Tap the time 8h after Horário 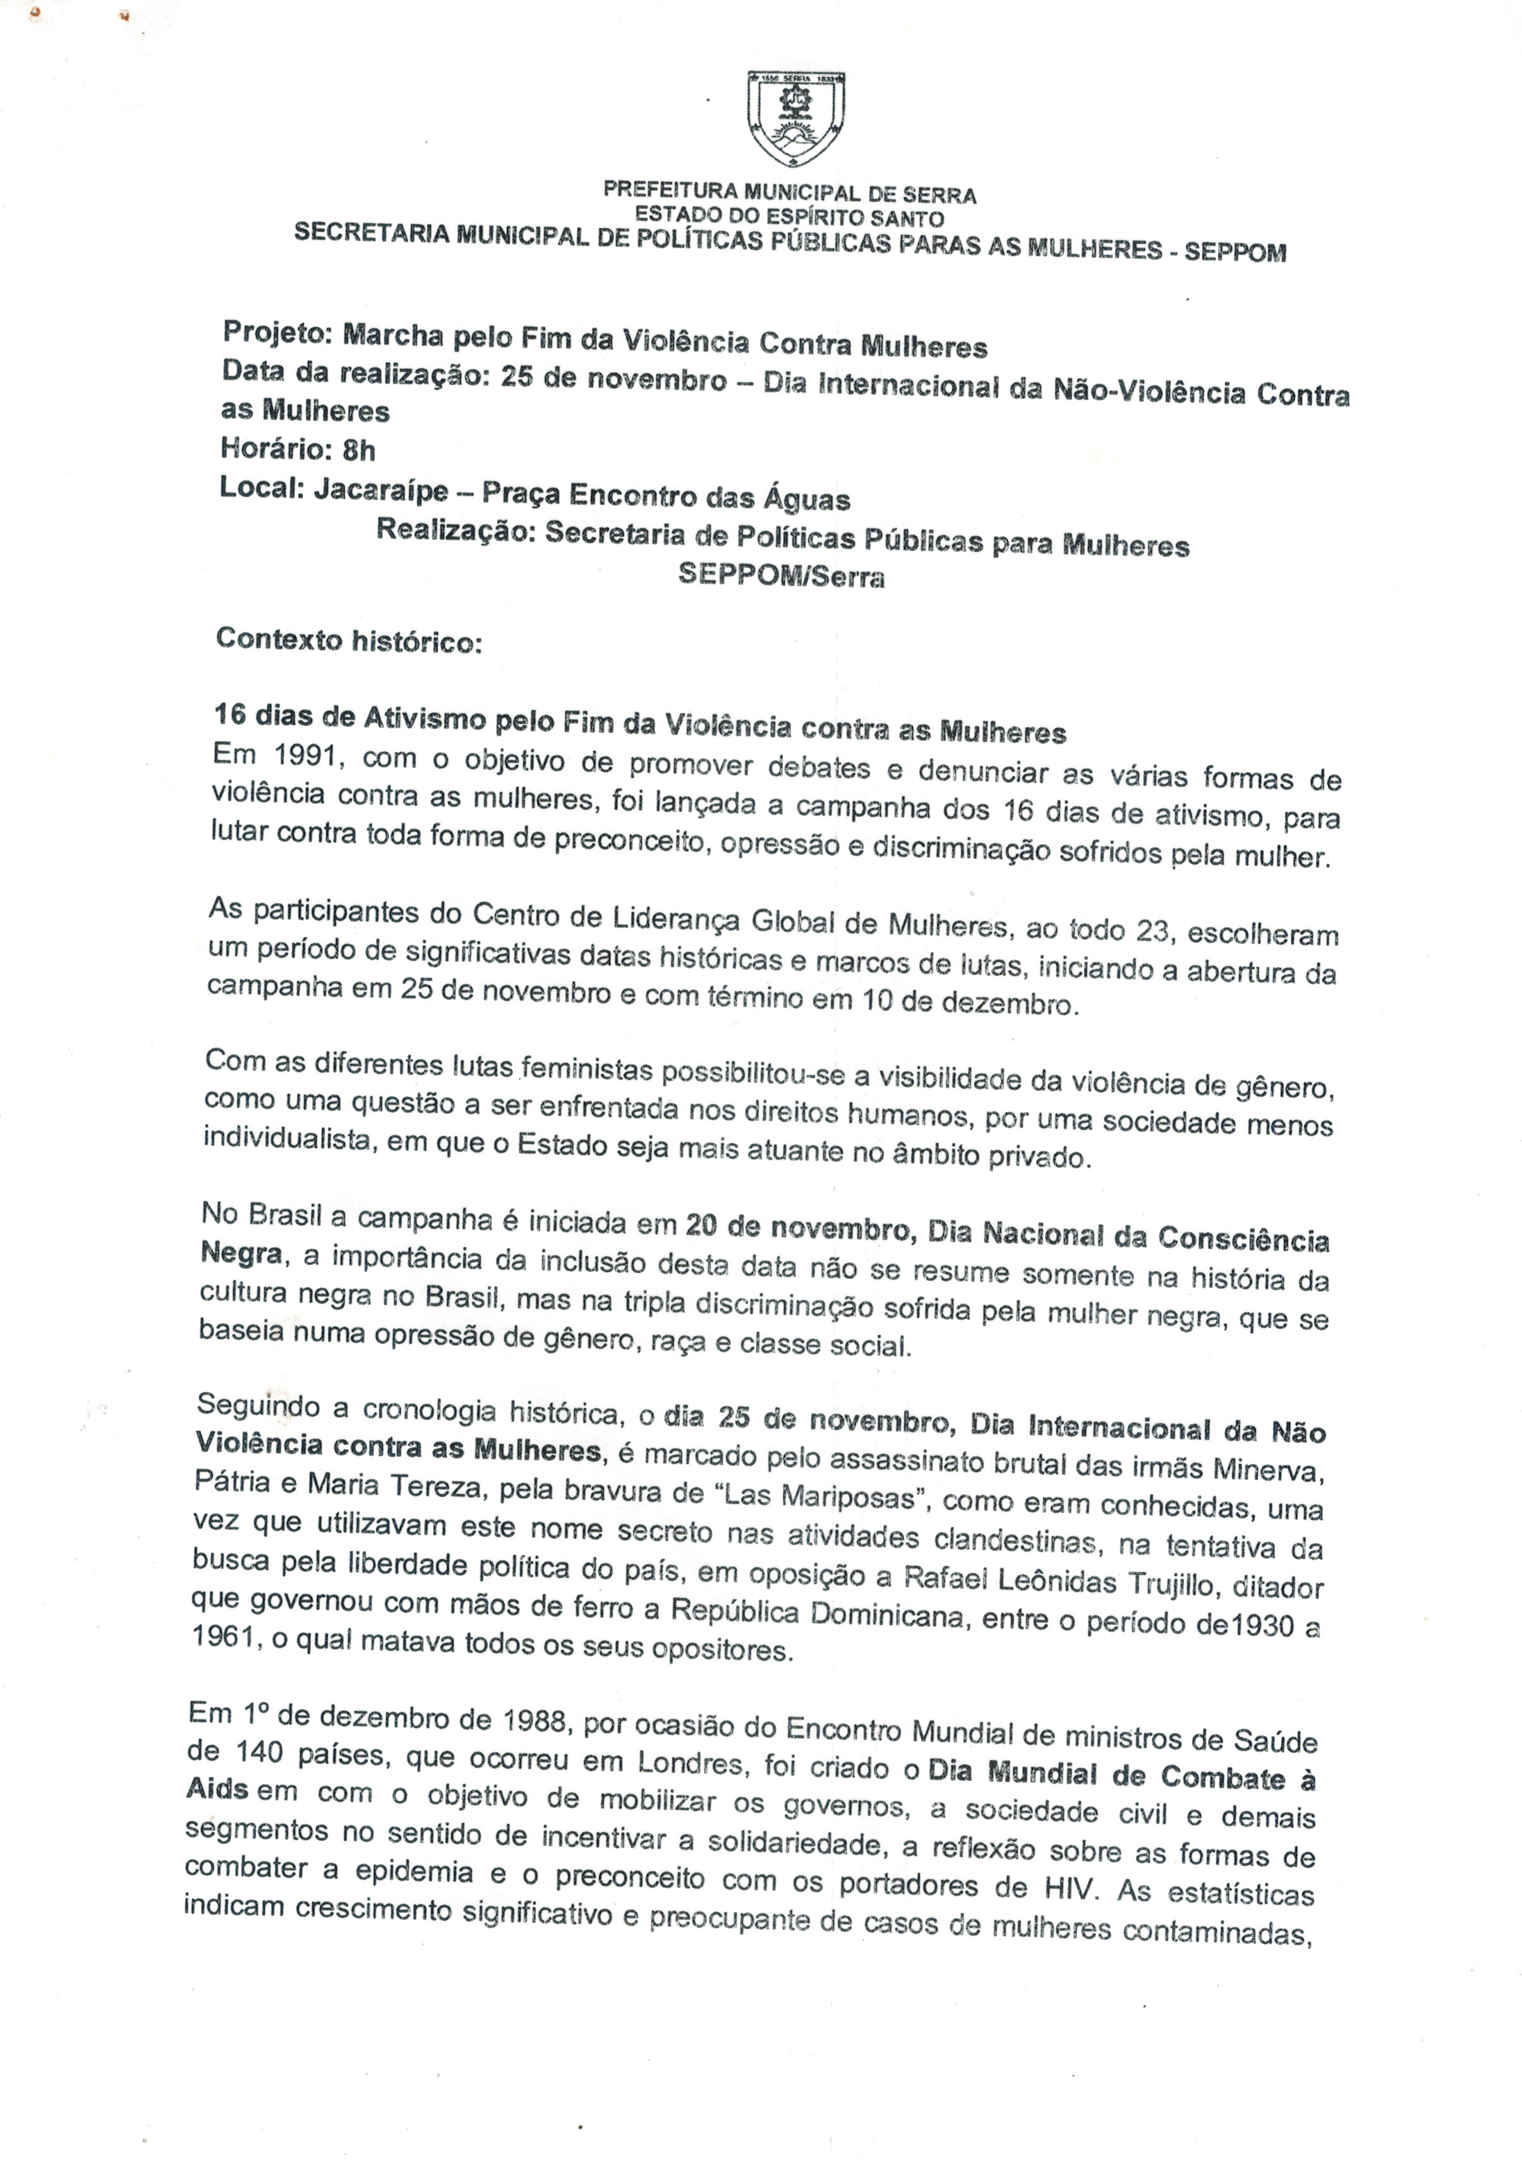tap(359, 450)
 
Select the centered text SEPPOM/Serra tap(781, 577)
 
